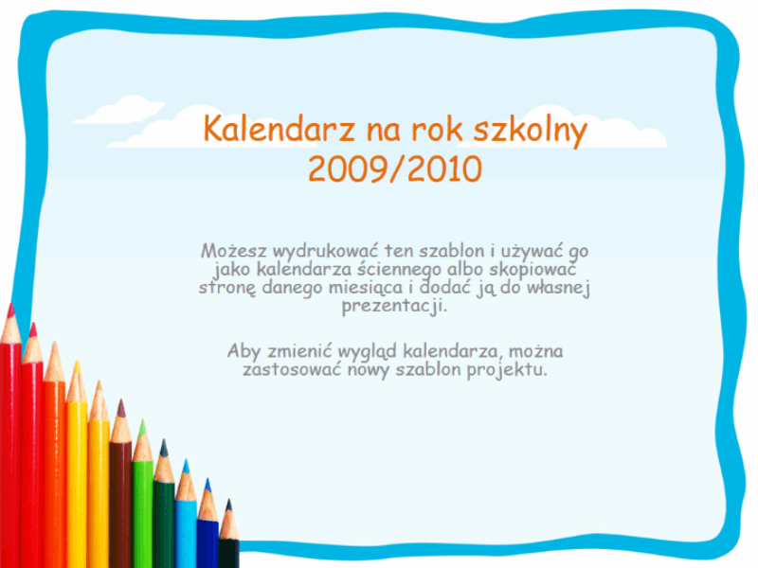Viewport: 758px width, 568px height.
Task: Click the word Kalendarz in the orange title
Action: (x=279, y=129)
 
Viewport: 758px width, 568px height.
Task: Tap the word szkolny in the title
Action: (x=530, y=131)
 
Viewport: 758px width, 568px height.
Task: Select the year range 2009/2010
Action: (x=395, y=169)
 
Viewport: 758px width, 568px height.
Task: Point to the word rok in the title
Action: (x=437, y=129)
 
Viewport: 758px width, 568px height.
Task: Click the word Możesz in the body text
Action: (x=233, y=251)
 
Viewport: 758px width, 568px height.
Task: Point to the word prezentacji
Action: (x=394, y=306)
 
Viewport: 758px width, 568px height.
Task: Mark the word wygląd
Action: (x=368, y=352)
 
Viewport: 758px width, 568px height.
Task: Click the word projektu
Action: (x=507, y=370)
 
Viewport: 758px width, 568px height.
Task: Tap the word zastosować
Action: (x=292, y=370)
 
